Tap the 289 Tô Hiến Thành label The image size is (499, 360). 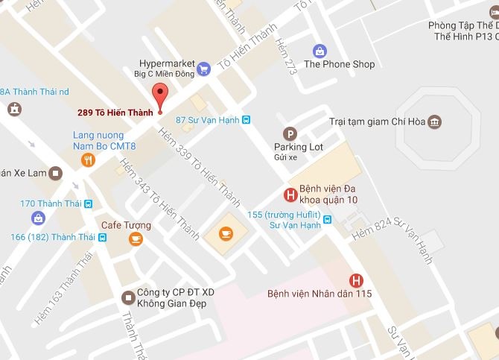click(x=115, y=113)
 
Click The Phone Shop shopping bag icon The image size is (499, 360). click(x=320, y=51)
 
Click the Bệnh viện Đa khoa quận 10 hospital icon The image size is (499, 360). click(x=290, y=195)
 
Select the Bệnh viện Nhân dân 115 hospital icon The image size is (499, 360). click(x=357, y=280)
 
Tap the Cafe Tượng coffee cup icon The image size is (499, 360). click(x=135, y=239)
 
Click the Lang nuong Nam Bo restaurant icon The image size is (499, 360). click(x=89, y=159)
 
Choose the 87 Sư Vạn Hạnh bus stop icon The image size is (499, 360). click(x=247, y=119)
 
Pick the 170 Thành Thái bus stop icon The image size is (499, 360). click(x=88, y=203)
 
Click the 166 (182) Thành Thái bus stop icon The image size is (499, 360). click(x=103, y=237)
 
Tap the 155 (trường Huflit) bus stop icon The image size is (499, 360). click(x=327, y=218)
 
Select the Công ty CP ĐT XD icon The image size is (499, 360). click(x=127, y=298)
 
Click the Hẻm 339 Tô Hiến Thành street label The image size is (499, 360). click(x=199, y=168)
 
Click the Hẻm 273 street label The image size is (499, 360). click(x=286, y=55)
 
